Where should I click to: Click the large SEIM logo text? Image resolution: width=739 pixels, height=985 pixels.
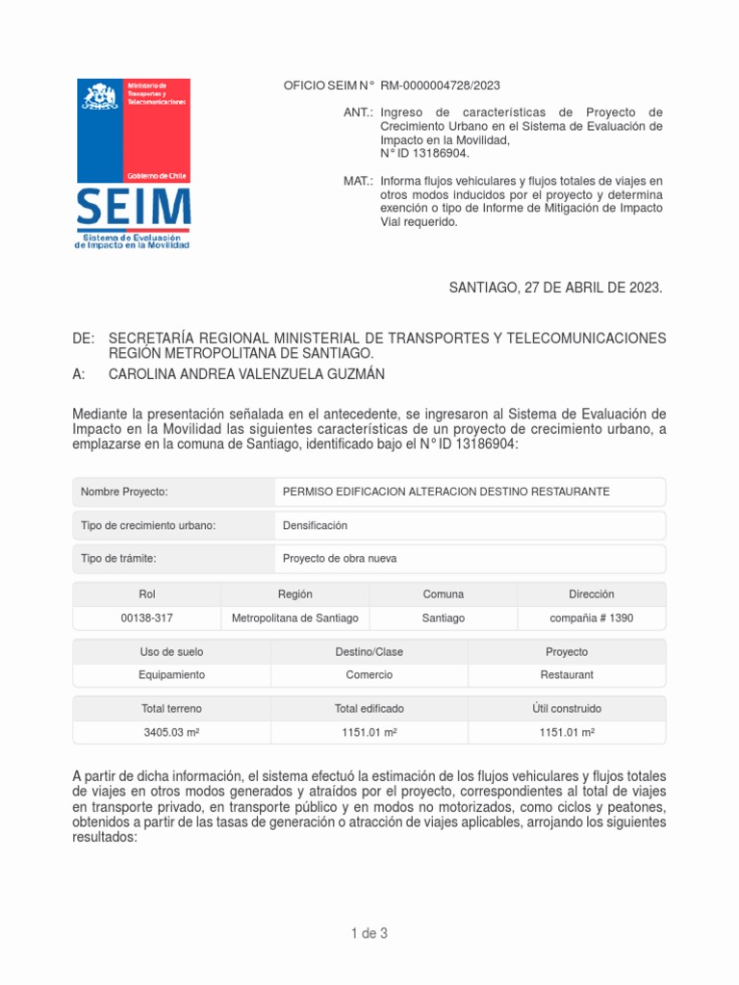tap(132, 207)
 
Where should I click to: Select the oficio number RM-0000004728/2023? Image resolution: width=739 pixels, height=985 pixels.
tap(441, 86)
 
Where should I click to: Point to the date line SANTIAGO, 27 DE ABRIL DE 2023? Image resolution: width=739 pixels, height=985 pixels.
tap(556, 288)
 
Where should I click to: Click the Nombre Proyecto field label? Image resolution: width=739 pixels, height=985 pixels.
tap(124, 492)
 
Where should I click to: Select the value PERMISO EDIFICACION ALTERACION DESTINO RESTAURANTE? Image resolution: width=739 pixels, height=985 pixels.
tap(446, 492)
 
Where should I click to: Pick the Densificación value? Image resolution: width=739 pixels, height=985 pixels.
tap(315, 525)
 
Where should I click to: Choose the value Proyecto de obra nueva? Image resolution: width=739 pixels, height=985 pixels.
tap(339, 559)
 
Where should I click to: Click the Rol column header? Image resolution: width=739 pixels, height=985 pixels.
tap(147, 594)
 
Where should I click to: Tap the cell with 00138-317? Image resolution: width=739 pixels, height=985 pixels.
tap(147, 619)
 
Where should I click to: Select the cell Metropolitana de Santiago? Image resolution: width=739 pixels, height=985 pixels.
tap(295, 619)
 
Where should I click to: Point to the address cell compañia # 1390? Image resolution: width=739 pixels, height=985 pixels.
tap(592, 619)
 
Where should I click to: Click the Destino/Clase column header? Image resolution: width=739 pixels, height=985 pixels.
tap(369, 652)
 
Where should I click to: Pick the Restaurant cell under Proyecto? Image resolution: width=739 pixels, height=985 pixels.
tap(567, 675)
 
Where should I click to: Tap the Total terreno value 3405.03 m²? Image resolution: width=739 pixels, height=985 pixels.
tap(171, 733)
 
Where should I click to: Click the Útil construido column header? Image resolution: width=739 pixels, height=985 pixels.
tap(567, 709)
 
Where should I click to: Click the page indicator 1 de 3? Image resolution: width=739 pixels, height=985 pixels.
tap(369, 933)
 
